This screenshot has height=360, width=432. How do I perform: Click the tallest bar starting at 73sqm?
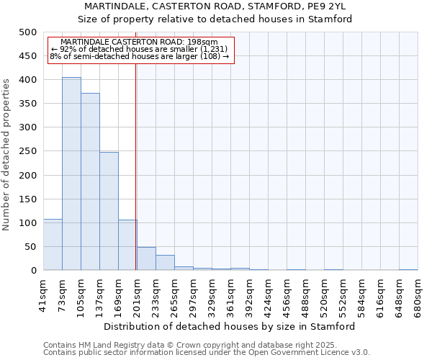coord(71,174)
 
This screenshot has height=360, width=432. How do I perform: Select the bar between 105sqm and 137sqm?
coord(90,181)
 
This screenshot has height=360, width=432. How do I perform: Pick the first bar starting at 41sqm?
coord(53,245)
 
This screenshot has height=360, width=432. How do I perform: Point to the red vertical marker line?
coord(136,166)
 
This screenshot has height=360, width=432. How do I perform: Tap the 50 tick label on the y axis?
coord(31,247)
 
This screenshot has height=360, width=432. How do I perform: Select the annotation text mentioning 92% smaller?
coord(139,49)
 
